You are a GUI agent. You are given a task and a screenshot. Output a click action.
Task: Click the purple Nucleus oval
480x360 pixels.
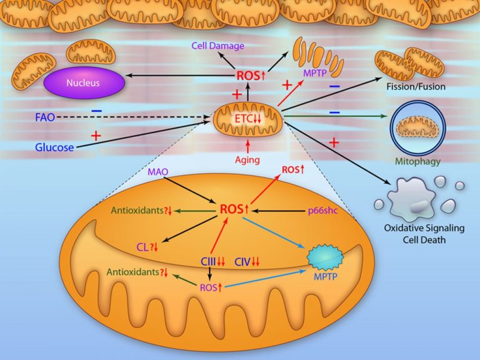pyautogui.click(x=84, y=82)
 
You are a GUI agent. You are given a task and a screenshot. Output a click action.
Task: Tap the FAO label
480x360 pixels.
pyautogui.click(x=45, y=117)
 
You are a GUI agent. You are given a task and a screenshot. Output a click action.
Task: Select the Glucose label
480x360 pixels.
pyautogui.click(x=54, y=147)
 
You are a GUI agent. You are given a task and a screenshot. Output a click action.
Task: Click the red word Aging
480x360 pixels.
pyautogui.click(x=247, y=159)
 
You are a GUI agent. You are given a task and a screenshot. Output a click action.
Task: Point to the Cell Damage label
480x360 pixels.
pyautogui.click(x=218, y=46)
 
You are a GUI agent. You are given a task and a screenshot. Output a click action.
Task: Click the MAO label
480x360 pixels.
pyautogui.click(x=158, y=172)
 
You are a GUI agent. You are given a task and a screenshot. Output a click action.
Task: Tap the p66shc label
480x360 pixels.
pyautogui.click(x=323, y=211)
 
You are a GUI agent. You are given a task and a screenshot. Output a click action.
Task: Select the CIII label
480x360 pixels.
pyautogui.click(x=208, y=262)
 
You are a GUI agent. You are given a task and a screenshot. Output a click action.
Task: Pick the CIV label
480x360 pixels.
pyautogui.click(x=242, y=262)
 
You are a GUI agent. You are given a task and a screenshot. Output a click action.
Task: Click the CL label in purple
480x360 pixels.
pyautogui.click(x=142, y=247)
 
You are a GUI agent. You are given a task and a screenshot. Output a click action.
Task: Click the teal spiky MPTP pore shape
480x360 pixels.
pyautogui.click(x=325, y=257)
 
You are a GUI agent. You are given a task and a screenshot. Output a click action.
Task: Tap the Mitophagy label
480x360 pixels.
pyautogui.click(x=418, y=161)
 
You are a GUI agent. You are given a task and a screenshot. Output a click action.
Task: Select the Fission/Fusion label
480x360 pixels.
pyautogui.click(x=416, y=87)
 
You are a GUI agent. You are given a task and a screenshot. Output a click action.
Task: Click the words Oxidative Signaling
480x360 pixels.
pyautogui.click(x=424, y=228)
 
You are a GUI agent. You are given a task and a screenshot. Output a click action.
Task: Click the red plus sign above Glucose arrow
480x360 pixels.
pyautogui.click(x=96, y=135)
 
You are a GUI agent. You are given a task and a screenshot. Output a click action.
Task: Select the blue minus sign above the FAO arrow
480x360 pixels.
pyautogui.click(x=97, y=111)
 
